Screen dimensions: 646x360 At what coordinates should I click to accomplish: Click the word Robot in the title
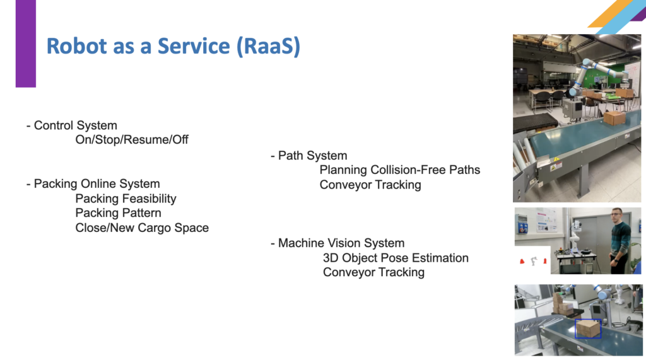76,46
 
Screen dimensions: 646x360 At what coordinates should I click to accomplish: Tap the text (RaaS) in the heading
268,46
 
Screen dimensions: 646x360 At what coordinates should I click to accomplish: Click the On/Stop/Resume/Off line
132,139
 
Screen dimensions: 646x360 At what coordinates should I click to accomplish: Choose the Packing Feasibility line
126,199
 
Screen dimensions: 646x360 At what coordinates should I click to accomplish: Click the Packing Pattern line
118,213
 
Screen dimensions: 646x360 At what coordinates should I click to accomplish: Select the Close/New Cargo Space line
142,228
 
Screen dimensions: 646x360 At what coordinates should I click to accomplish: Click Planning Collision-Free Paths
399,170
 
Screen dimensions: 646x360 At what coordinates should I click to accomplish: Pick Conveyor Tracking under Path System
370,185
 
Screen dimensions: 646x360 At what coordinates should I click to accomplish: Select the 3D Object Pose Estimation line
396,258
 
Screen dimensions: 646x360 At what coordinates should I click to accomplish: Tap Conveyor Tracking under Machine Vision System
373,272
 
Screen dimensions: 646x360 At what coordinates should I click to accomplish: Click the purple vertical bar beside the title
25,44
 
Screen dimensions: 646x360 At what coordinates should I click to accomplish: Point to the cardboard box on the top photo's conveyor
614,118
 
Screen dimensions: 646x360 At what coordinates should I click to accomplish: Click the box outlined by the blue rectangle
588,328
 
